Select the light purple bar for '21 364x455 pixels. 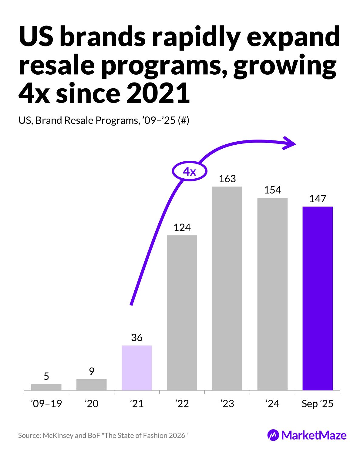[x=137, y=368]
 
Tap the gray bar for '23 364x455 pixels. [x=227, y=288]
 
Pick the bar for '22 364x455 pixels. [x=182, y=312]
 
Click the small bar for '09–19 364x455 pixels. [x=46, y=387]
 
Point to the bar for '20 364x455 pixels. [x=92, y=385]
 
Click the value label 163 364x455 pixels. [x=227, y=179]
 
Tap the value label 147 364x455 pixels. [x=318, y=199]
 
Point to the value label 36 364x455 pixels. [x=137, y=338]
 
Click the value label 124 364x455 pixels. [x=182, y=227]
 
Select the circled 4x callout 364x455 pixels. [x=190, y=172]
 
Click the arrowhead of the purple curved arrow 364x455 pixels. [x=290, y=143]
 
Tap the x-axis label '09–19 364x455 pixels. [x=46, y=404]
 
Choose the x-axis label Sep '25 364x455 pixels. [x=318, y=404]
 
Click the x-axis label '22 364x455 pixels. [x=182, y=404]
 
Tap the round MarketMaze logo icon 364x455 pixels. [x=273, y=435]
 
